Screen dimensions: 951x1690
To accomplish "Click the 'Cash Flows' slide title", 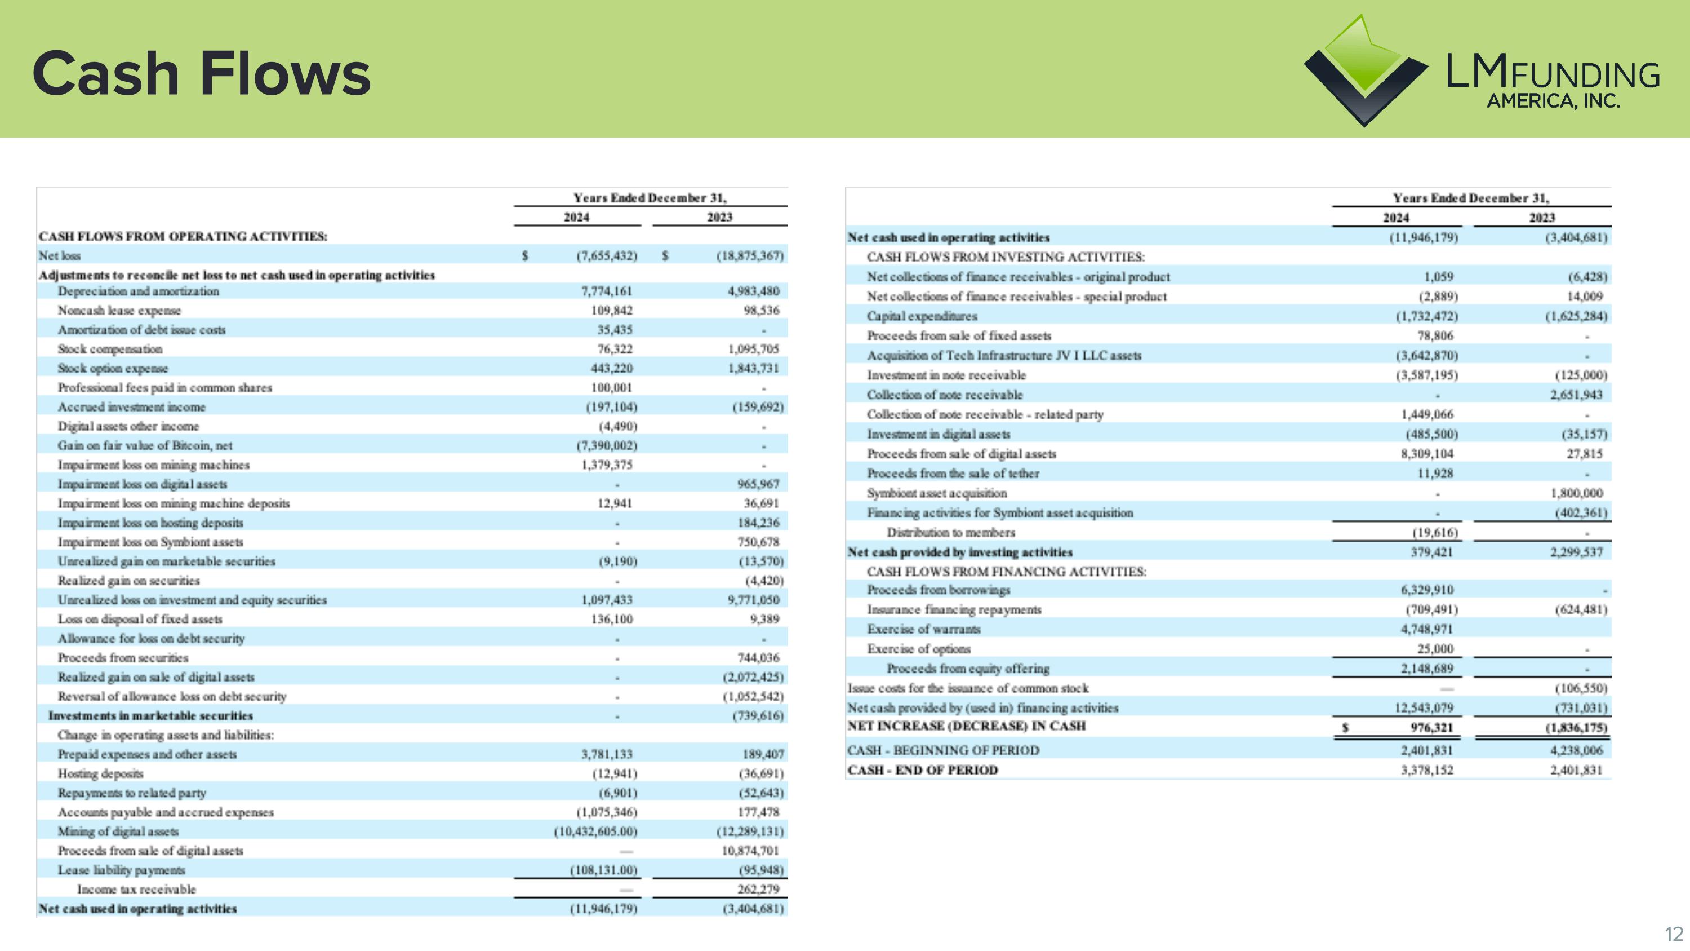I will (202, 73).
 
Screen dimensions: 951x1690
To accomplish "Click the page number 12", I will (1674, 934).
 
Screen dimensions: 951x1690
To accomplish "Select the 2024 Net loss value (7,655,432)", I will (607, 256).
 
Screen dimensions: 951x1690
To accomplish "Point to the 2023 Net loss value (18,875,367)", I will (750, 256).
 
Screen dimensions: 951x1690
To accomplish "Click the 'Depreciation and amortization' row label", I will (139, 291).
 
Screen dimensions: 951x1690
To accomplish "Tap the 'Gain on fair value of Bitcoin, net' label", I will (145, 446).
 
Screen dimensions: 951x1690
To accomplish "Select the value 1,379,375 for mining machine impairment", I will (607, 465).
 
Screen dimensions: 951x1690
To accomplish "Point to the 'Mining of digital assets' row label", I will (118, 831).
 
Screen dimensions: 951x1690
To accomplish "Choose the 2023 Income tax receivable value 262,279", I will (758, 890).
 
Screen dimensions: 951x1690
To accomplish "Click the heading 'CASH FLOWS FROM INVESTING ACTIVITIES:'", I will (1006, 257).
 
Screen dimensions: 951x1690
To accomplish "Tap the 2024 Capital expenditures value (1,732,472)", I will (1426, 316).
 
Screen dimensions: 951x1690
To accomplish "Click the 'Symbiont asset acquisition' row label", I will (936, 493).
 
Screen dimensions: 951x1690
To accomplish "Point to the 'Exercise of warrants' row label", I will (924, 630).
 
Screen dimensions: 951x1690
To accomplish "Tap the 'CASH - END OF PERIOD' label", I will (922, 770).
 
